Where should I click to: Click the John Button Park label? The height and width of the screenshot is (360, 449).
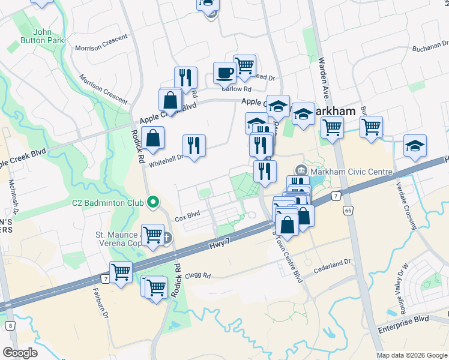49,36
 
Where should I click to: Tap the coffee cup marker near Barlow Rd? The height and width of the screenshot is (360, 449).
225,73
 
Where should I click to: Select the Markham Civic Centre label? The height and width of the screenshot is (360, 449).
351,172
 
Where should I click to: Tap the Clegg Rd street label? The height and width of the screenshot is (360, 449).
199,275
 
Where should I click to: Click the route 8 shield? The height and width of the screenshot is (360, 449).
10,326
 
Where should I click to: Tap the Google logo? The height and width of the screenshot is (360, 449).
20,353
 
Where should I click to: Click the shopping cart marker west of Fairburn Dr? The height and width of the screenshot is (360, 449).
121,272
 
